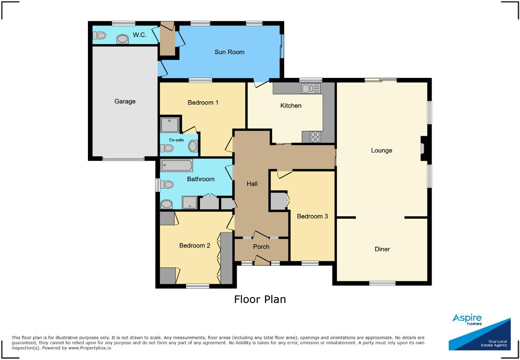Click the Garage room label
pyautogui.click(x=125, y=101)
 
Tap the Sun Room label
pyautogui.click(x=229, y=52)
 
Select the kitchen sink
pyautogui.click(x=311, y=88)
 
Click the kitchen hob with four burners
pyautogui.click(x=315, y=137)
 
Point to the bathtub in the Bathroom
pyautogui.click(x=177, y=166)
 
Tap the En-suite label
pyautogui.click(x=176, y=140)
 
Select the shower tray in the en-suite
pyautogui.click(x=170, y=125)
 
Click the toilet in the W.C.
pyautogui.click(x=100, y=37)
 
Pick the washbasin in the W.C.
pyautogui.click(x=122, y=39)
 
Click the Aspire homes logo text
pyautogui.click(x=467, y=320)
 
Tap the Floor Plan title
pyautogui.click(x=260, y=299)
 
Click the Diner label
pyautogui.click(x=382, y=249)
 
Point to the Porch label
pyautogui.click(x=261, y=247)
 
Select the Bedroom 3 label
pyautogui.click(x=312, y=216)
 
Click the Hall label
pyautogui.click(x=252, y=184)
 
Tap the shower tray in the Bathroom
pyautogui.click(x=190, y=202)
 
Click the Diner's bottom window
pyautogui.click(x=382, y=283)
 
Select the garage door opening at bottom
pyautogui.click(x=123, y=159)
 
